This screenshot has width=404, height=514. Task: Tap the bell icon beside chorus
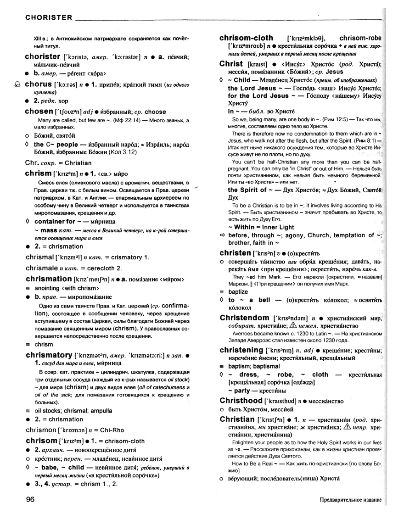pos(17,84)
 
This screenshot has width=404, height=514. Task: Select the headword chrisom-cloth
pos(246,38)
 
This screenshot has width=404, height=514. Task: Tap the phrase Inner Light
pos(278,227)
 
